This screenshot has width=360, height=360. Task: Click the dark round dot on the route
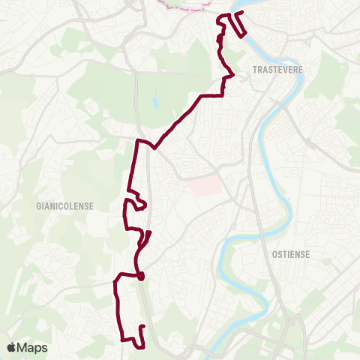140,276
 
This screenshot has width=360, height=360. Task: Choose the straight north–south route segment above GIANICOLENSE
134,165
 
